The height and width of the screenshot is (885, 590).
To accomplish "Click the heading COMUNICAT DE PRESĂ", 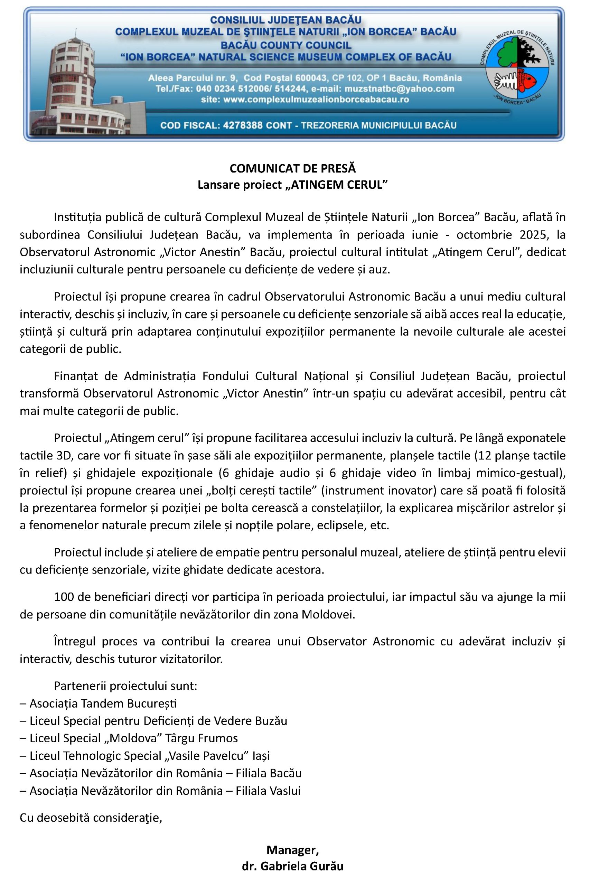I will (292, 168).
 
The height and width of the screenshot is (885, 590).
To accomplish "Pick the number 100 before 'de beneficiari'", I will (63, 597).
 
